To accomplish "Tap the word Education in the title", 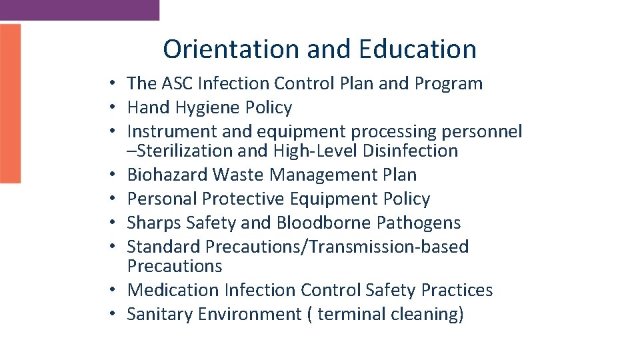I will point(417,49).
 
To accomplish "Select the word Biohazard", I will point(167,175).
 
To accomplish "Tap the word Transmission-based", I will point(389,247).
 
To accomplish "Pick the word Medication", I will point(173,291).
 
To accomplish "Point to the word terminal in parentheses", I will point(348,315).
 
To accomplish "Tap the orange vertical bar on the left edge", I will point(10,103).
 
